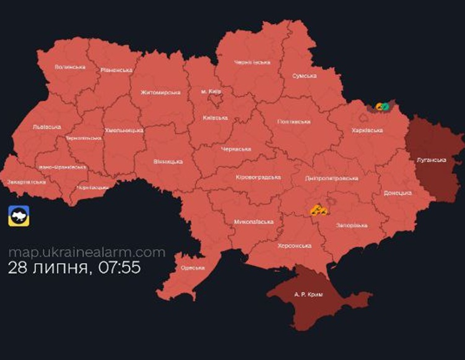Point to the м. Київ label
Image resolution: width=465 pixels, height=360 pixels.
[x=212, y=91]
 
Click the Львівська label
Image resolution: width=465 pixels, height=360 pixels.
[x=46, y=127]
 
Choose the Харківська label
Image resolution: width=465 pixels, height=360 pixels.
[x=367, y=131]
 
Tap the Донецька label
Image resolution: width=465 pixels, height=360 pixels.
[x=398, y=192]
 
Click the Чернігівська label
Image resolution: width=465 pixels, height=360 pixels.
[x=253, y=62]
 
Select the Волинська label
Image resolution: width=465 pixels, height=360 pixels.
[x=69, y=66]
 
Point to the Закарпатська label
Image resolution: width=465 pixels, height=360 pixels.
[x=26, y=182]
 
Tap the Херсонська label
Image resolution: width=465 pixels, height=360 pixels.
[x=295, y=246]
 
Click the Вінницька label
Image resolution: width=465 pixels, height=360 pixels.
[x=168, y=161]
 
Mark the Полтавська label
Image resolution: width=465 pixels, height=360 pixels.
[x=294, y=121]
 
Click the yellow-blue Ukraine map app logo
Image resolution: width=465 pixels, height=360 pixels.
[x=18, y=215]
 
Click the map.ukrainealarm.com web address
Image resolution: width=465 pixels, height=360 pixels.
[x=87, y=252]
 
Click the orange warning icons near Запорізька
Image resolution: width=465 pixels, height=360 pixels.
[x=319, y=210]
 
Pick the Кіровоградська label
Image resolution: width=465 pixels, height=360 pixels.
[x=258, y=178]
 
